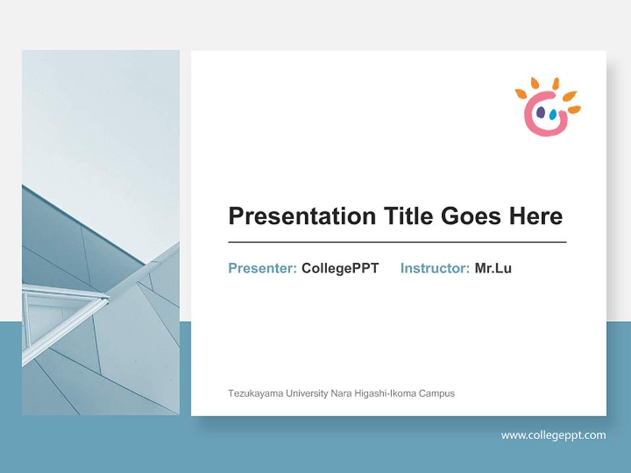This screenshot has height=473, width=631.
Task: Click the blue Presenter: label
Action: coord(262,268)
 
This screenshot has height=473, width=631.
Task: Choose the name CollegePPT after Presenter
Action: coord(340,268)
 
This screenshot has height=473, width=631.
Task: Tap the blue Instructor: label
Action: coord(434,268)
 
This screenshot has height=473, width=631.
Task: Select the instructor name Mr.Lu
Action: coord(493,268)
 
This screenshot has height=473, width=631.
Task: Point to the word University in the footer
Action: coord(304,394)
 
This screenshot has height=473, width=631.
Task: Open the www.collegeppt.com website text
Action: coord(553,435)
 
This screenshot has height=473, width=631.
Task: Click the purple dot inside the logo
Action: coord(540,113)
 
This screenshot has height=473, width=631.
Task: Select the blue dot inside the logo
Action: coord(553,115)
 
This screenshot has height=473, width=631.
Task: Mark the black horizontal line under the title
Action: coord(397,242)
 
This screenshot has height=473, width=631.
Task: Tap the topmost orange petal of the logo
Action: coord(555,83)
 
